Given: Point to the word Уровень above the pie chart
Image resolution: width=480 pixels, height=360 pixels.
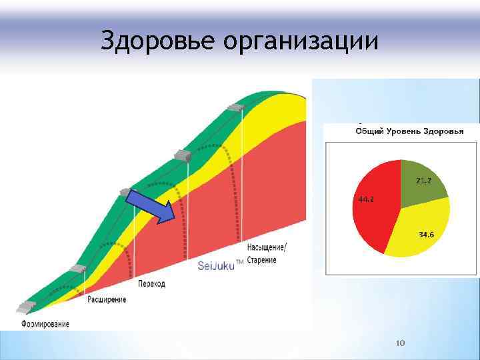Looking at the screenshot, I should [x=407, y=131].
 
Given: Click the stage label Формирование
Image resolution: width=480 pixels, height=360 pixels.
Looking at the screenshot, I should [x=45, y=324].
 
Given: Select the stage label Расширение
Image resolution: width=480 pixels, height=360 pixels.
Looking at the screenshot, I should [x=107, y=299].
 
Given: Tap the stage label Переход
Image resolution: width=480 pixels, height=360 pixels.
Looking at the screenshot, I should [x=151, y=283].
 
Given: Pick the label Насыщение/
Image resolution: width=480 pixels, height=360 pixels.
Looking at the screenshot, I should [x=267, y=248].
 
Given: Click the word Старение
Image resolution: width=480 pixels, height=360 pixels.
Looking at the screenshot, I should [x=262, y=259].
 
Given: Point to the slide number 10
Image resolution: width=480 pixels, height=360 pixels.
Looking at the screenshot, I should [x=401, y=343].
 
